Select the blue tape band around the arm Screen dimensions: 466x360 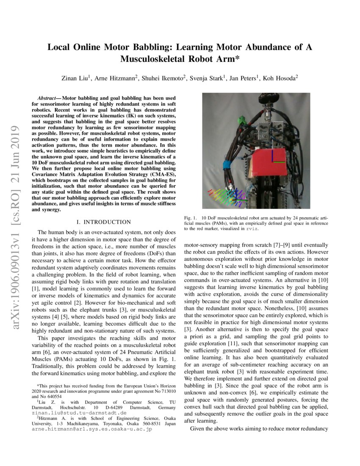[224, 165]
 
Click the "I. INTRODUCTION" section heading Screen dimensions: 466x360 [103, 222]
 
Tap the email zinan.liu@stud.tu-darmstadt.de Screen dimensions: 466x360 [79, 412]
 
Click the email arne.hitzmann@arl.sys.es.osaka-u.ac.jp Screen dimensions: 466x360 [92, 429]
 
